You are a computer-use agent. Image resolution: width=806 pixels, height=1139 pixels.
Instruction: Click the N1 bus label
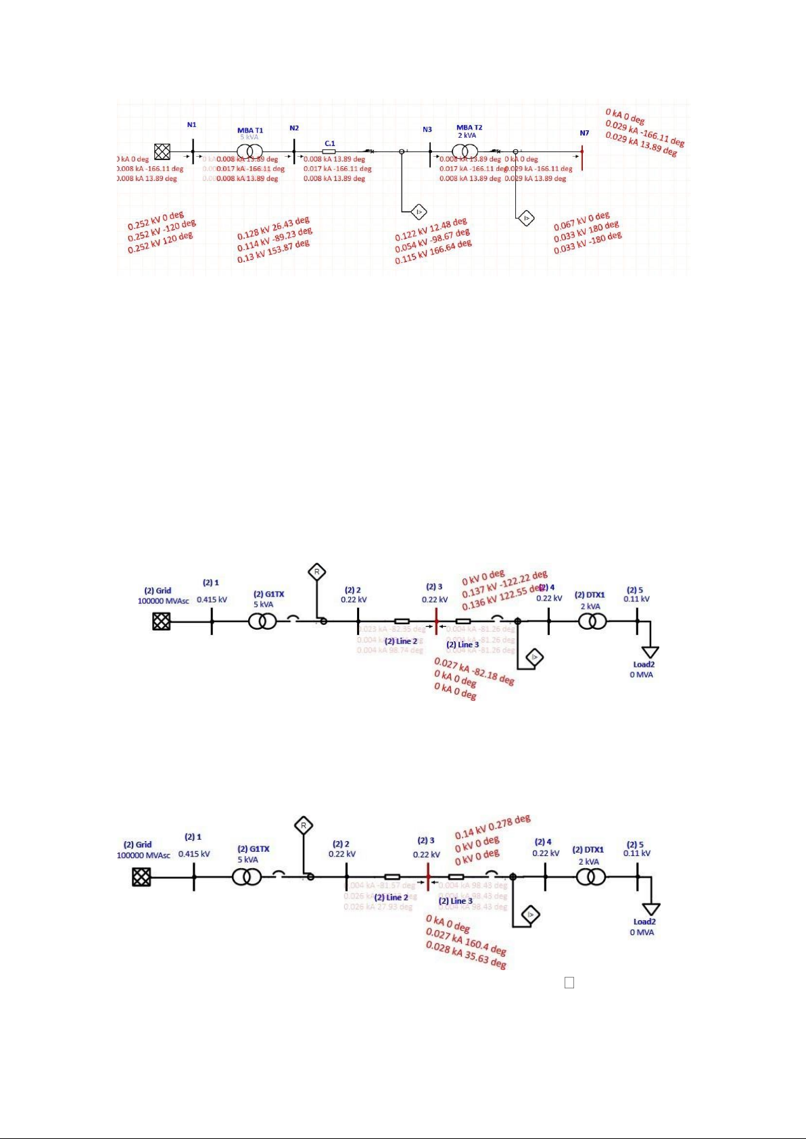192,125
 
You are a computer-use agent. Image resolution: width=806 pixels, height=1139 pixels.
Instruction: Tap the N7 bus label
584,133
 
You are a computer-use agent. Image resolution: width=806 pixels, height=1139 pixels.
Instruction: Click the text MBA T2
469,128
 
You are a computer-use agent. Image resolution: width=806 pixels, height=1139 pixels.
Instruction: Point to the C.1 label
330,143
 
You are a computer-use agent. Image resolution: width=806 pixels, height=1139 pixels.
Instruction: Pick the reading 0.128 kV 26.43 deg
273,228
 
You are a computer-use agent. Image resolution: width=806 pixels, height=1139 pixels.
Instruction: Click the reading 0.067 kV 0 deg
582,221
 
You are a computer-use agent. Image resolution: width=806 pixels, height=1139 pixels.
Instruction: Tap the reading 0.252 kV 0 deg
156,221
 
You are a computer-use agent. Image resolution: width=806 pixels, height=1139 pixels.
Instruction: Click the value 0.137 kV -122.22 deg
504,584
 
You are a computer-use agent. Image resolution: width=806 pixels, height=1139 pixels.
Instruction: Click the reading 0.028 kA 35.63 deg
466,957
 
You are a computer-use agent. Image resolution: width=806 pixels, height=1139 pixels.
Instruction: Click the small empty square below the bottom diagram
569,983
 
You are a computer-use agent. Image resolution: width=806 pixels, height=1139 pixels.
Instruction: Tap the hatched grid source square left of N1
162,151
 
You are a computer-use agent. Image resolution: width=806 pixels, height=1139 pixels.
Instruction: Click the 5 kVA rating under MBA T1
250,137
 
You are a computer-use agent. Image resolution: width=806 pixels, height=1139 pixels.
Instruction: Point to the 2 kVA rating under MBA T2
467,135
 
